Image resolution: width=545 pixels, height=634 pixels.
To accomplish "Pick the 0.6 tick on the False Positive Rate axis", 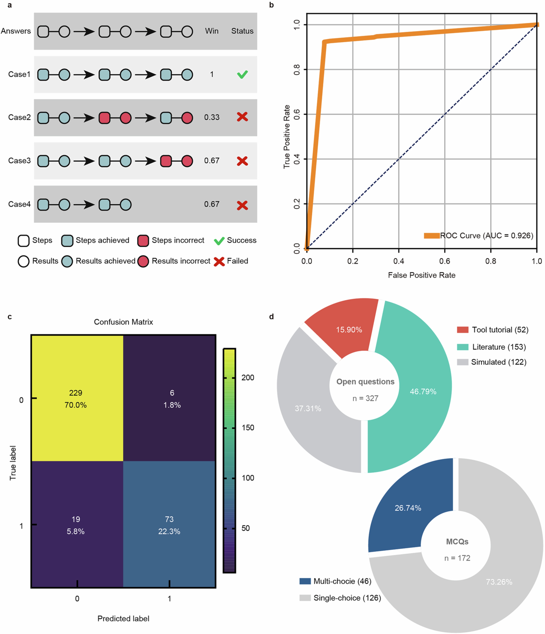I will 445,261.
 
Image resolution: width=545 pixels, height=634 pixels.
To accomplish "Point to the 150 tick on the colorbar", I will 248,428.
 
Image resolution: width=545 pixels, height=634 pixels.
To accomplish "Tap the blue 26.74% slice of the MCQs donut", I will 407,508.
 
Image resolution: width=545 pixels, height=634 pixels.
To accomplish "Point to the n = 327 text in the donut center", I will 365,398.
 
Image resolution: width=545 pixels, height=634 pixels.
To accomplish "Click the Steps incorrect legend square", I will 143,241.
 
